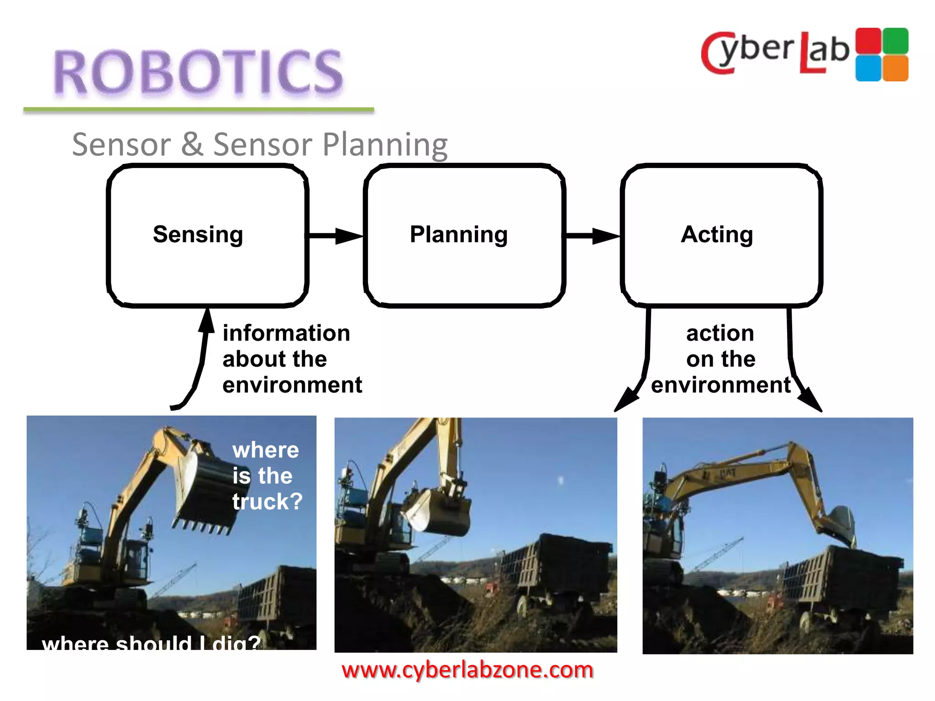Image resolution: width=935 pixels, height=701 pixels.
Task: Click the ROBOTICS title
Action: [198, 72]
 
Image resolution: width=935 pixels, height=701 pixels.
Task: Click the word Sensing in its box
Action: [198, 235]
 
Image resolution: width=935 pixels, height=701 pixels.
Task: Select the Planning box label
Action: [458, 235]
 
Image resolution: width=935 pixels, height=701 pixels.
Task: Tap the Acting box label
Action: [717, 235]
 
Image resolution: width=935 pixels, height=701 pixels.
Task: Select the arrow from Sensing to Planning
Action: [336, 236]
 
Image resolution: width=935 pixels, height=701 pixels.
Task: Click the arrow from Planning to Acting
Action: [593, 236]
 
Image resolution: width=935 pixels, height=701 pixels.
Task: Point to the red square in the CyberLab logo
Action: [868, 41]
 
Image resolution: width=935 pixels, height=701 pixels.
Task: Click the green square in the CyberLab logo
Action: [895, 41]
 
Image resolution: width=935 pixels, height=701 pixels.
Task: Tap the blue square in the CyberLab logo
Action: [868, 68]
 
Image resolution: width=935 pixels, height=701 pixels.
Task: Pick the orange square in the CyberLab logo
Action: [895, 68]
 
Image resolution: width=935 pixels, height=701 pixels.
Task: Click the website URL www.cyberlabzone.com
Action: [467, 670]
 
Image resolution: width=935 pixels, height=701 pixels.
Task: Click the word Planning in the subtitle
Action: [385, 144]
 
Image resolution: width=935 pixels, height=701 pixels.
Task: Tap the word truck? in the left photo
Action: [268, 502]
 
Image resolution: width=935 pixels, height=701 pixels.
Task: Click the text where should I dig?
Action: [151, 643]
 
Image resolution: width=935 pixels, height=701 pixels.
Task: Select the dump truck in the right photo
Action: [840, 580]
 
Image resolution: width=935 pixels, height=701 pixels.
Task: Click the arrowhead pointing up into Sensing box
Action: [207, 319]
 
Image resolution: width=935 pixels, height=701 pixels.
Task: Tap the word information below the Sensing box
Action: [286, 333]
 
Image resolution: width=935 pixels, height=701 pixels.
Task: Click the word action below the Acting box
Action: [720, 333]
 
